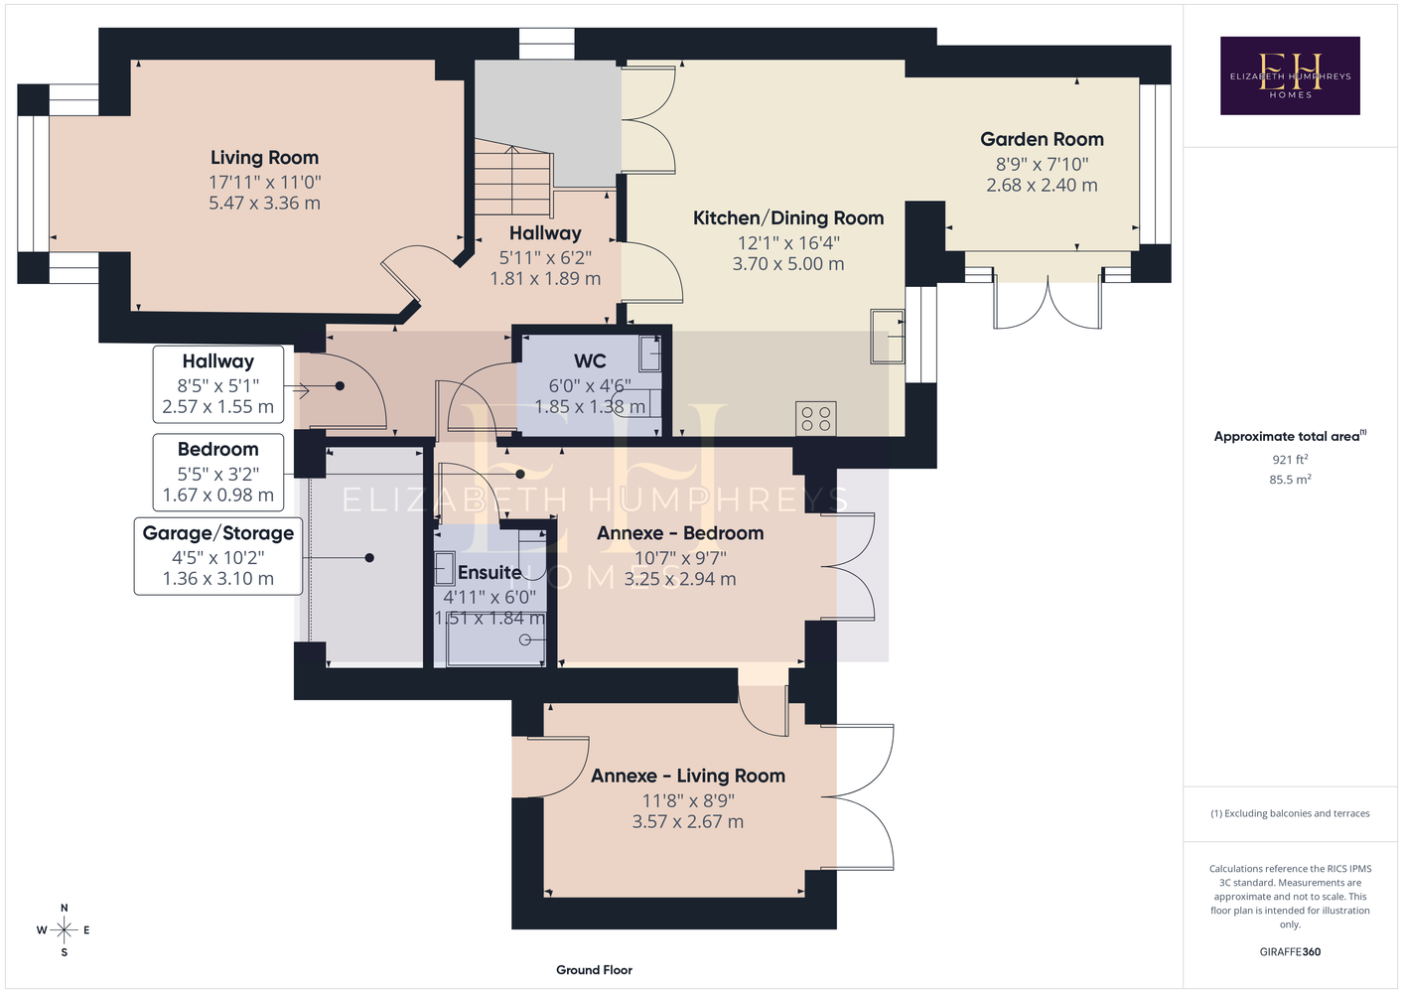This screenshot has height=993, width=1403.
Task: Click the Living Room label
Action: pyautogui.click(x=264, y=157)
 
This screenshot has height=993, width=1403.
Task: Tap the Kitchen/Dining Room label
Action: pyautogui.click(x=788, y=218)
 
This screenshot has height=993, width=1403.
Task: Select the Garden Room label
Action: pyautogui.click(x=1042, y=139)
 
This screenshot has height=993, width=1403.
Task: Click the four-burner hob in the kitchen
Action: pyautogui.click(x=815, y=418)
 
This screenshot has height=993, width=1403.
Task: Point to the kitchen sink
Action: pyautogui.click(x=888, y=336)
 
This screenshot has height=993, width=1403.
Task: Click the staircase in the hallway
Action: pyautogui.click(x=513, y=178)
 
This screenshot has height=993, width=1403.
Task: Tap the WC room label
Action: pyautogui.click(x=590, y=360)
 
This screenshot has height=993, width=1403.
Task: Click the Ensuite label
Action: pyautogui.click(x=490, y=573)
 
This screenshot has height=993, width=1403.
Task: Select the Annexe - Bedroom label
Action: pyautogui.click(x=680, y=533)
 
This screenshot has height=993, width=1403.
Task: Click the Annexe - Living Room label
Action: pyautogui.click(x=688, y=776)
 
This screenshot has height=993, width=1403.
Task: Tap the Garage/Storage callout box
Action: pyautogui.click(x=218, y=556)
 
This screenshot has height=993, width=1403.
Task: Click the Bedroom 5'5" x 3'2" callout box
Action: pyautogui.click(x=218, y=472)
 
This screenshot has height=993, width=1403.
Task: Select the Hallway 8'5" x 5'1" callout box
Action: pyautogui.click(x=218, y=384)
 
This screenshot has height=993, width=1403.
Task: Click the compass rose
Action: pyautogui.click(x=64, y=929)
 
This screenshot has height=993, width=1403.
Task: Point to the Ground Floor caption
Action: pyautogui.click(x=594, y=970)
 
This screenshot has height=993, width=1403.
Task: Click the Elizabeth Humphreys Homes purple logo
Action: pyautogui.click(x=1290, y=75)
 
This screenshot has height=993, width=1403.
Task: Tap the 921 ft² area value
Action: pyautogui.click(x=1290, y=459)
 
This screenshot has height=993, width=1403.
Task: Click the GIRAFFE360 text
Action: pyautogui.click(x=1290, y=951)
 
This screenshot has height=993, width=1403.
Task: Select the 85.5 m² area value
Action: pyautogui.click(x=1290, y=480)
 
